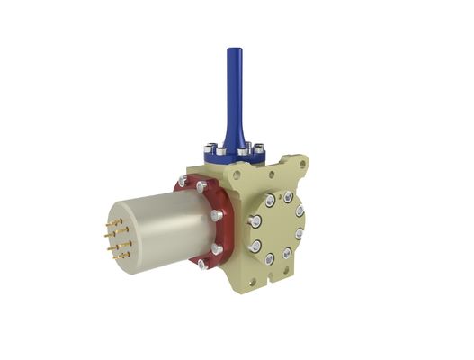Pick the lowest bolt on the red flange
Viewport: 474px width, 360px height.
pos(204,265)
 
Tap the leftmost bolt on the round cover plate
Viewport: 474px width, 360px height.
pos(255,220)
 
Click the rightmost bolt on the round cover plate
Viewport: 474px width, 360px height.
pos(300,233)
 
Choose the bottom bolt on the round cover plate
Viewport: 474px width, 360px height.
pos(270,259)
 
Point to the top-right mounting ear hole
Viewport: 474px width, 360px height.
pos(303,163)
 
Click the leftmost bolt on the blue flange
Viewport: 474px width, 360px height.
pos(210,146)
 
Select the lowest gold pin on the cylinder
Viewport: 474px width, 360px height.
pos(119,256)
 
